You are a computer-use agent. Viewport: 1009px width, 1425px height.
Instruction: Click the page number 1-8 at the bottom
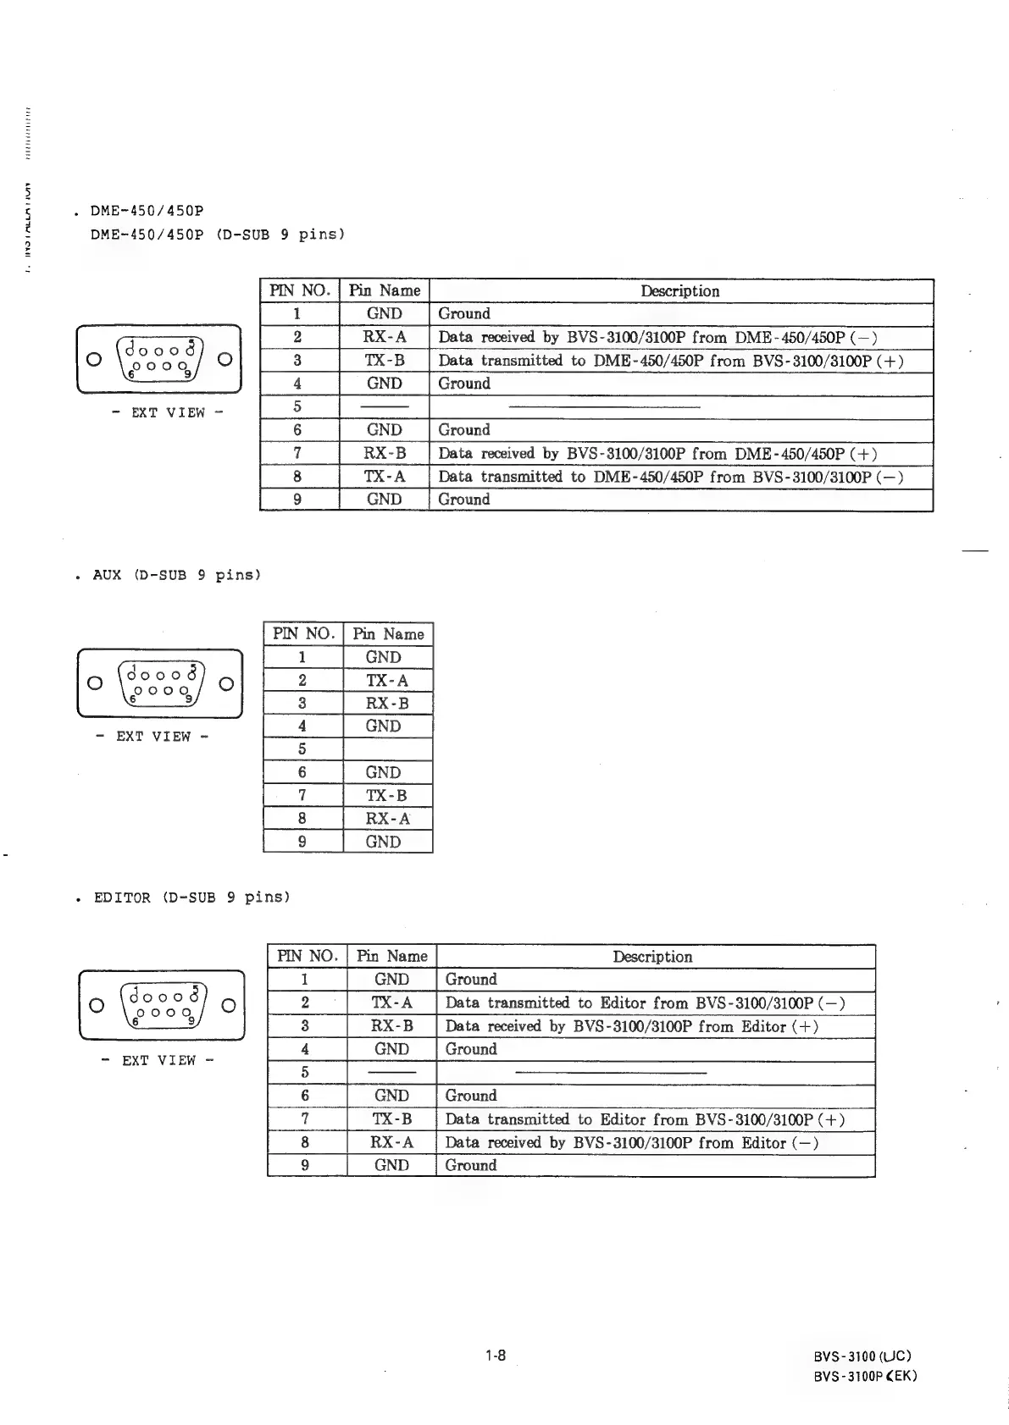pyautogui.click(x=496, y=1356)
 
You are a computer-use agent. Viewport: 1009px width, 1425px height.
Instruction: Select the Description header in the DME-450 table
pyautogui.click(x=680, y=291)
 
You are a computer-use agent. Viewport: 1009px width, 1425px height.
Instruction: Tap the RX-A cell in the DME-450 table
pyautogui.click(x=385, y=337)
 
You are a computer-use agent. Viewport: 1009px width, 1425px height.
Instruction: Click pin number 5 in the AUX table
pyautogui.click(x=302, y=749)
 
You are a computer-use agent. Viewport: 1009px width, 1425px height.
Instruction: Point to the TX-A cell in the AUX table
pyautogui.click(x=387, y=680)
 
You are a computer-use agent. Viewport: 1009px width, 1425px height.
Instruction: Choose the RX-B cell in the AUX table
pyautogui.click(x=387, y=703)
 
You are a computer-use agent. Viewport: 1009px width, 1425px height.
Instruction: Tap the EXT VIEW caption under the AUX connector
pyautogui.click(x=153, y=737)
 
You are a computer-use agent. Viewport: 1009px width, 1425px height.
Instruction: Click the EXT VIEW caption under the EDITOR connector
pyautogui.click(x=159, y=1060)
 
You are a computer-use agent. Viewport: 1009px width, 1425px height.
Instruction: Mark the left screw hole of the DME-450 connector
pyautogui.click(x=95, y=359)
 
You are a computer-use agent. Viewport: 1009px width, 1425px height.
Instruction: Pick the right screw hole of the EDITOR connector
pyautogui.click(x=227, y=1005)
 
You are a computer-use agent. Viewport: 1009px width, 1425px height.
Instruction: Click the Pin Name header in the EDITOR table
pyautogui.click(x=392, y=957)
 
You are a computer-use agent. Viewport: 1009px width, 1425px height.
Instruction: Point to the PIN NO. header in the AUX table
pyautogui.click(x=303, y=634)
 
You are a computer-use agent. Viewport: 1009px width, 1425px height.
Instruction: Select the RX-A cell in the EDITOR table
pyautogui.click(x=392, y=1142)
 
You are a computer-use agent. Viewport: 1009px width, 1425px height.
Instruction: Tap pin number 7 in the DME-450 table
pyautogui.click(x=298, y=454)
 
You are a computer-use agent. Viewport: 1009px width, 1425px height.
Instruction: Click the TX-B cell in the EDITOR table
pyautogui.click(x=392, y=1119)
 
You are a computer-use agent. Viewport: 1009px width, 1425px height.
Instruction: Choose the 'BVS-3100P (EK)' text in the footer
pyautogui.click(x=865, y=1376)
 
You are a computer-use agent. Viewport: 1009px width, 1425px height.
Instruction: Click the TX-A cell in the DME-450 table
pyautogui.click(x=385, y=477)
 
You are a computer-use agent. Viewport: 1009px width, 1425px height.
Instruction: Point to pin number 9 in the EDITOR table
pyautogui.click(x=306, y=1165)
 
